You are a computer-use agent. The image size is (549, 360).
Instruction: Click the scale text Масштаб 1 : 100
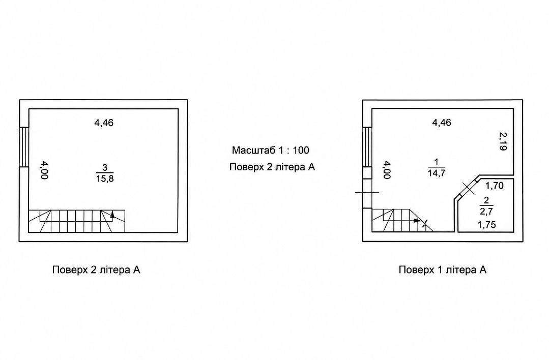coord(270,151)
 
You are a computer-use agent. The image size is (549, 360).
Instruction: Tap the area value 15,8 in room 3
coord(105,179)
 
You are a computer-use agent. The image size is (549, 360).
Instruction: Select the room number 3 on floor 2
coord(105,167)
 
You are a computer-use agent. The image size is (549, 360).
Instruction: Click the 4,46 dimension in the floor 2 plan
coord(104,123)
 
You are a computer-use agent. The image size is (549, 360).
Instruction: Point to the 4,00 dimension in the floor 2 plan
coord(44,170)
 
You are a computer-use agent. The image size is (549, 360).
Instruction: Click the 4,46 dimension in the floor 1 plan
coord(442,123)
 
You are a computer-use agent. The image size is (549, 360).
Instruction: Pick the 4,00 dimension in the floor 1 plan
coord(387,170)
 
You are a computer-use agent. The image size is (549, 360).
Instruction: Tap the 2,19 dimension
coord(503,141)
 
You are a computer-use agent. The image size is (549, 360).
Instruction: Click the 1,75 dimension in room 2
coord(487,225)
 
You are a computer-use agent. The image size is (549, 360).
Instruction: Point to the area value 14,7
coord(436,173)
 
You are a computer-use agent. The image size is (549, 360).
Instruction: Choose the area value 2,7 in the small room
coord(486,212)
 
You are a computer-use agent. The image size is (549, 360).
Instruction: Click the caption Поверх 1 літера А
coord(443,269)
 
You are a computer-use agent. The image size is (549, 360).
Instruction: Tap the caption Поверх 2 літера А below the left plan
coord(96,269)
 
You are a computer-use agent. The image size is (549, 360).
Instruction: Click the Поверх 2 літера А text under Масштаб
coord(272,167)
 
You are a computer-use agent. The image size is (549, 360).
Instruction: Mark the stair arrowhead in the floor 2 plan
coord(112,215)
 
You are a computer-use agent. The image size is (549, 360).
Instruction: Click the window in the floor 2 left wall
coord(24,146)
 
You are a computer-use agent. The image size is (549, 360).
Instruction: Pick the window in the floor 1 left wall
coord(367,146)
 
